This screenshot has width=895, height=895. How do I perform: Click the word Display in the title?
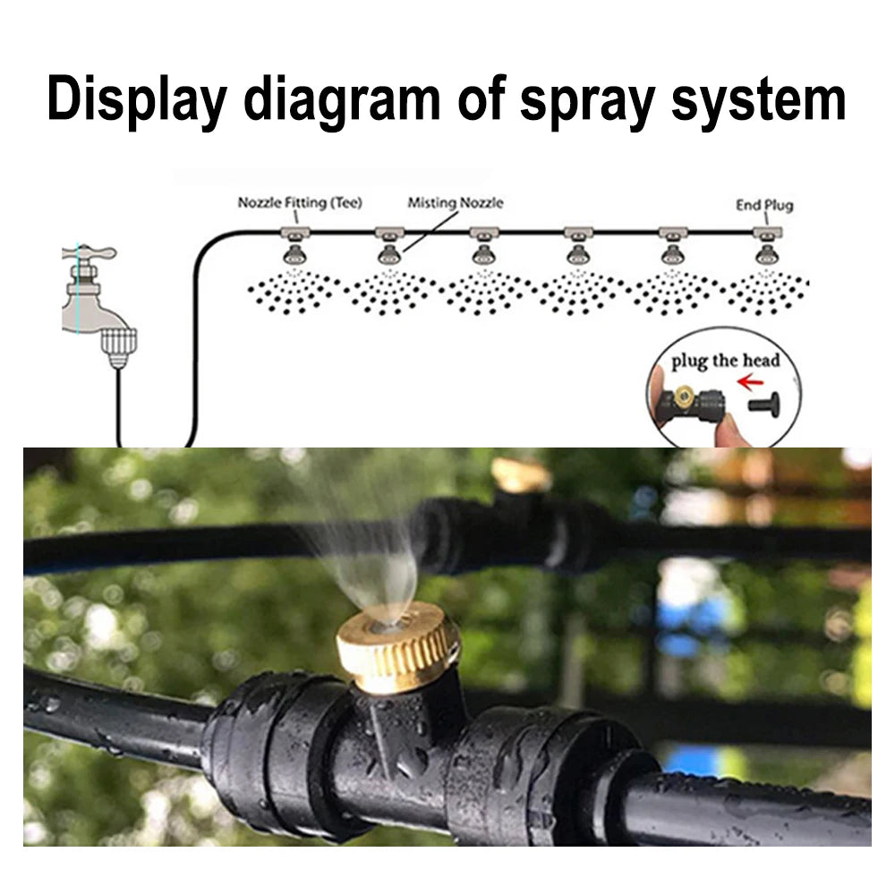[x=137, y=100]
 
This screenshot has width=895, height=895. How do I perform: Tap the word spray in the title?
[x=587, y=103]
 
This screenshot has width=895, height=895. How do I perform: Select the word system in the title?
[x=759, y=101]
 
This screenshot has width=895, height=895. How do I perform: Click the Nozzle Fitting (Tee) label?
[x=300, y=202]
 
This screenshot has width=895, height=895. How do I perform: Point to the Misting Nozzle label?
[x=456, y=202]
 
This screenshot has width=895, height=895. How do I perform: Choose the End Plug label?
[x=764, y=205]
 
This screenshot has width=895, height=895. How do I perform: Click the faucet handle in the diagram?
[x=89, y=251]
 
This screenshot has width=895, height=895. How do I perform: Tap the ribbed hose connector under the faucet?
[x=119, y=346]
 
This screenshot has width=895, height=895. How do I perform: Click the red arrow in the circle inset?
[x=750, y=381]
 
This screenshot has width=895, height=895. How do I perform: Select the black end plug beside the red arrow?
[x=764, y=404]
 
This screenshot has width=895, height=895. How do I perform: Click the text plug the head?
[x=726, y=361]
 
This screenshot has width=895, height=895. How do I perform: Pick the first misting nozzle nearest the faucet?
[x=294, y=254]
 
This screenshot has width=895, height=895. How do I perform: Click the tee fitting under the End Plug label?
[x=767, y=233]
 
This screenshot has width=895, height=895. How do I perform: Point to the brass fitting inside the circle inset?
[x=683, y=395]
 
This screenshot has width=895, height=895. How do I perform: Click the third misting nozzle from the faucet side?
[x=483, y=254]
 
